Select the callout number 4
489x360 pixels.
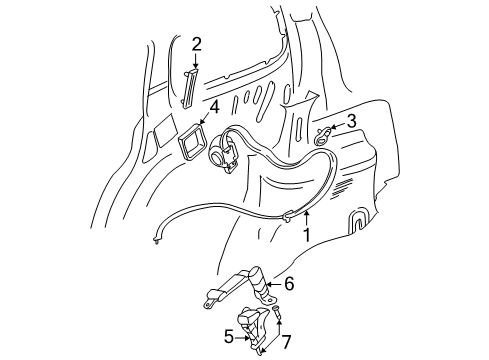[213, 106]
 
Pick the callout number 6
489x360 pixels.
[288, 284]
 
